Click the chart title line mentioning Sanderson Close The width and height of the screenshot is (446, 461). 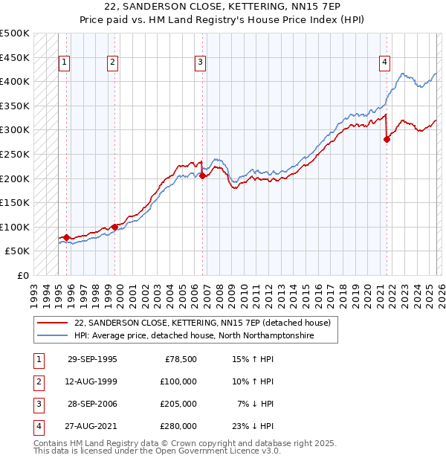(222, 7)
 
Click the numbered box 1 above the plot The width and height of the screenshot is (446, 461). (65, 63)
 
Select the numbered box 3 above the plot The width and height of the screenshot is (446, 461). (201, 63)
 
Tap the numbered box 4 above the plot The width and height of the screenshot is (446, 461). (384, 63)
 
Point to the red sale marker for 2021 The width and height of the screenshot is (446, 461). (387, 139)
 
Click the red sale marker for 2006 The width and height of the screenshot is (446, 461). (203, 175)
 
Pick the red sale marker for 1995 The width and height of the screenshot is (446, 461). (66, 237)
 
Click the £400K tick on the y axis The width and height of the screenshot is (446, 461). (16, 81)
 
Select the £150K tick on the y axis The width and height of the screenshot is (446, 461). (16, 202)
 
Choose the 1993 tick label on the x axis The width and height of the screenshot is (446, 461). (34, 291)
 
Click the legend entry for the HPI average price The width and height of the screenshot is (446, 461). (194, 336)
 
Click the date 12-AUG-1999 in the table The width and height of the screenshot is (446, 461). (92, 381)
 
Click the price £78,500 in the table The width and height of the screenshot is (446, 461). (181, 359)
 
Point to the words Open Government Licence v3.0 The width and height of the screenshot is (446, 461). (216, 451)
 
